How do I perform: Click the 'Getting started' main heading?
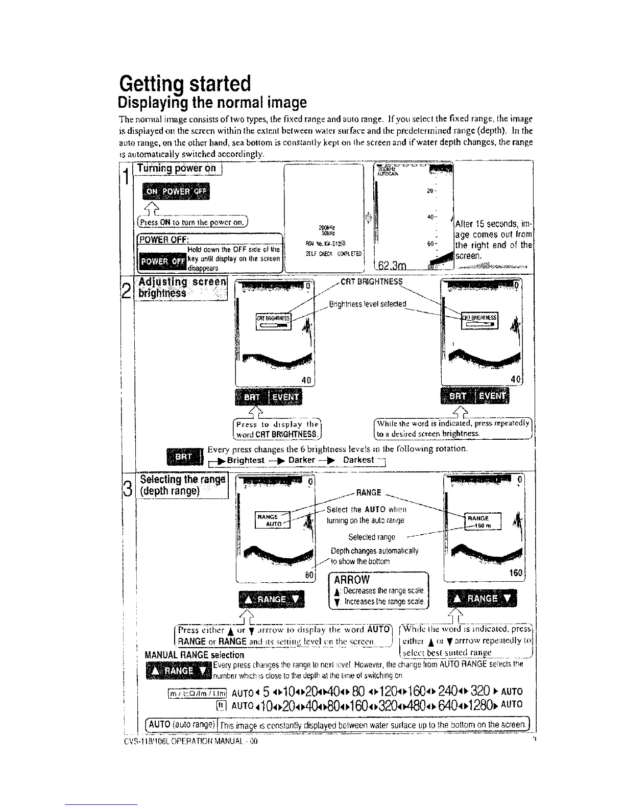click(184, 83)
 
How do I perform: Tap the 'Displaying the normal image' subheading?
click(212, 103)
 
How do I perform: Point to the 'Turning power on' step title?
click(177, 169)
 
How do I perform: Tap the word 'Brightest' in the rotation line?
click(246, 460)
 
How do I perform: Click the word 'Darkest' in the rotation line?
click(358, 460)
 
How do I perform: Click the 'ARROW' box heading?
click(352, 579)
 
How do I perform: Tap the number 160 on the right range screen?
click(516, 573)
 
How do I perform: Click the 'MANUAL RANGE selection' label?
click(195, 655)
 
